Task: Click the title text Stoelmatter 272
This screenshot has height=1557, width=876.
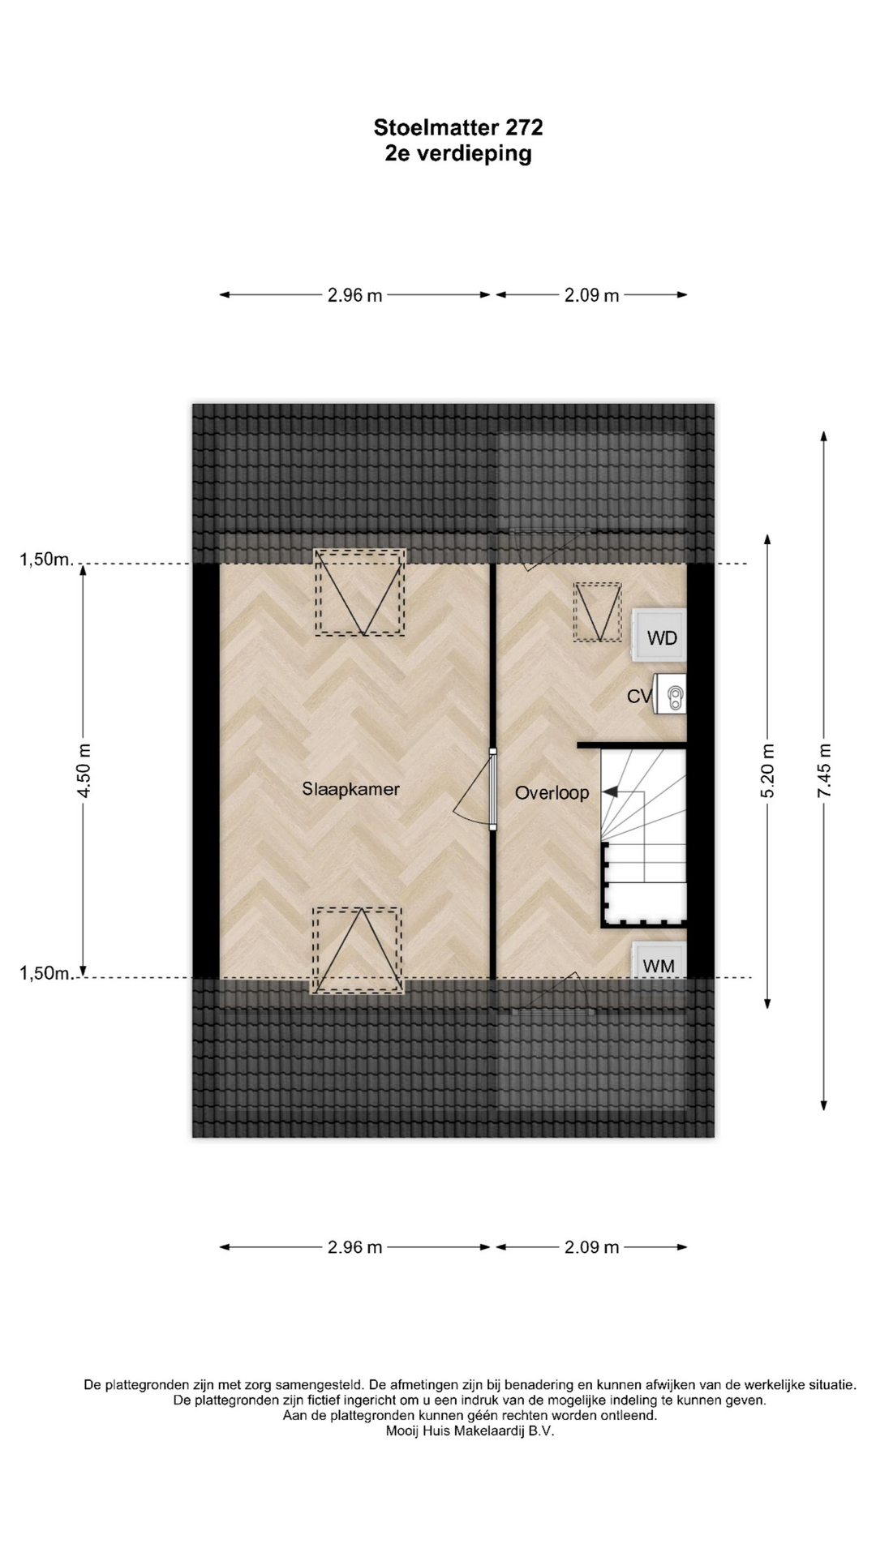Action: pyautogui.click(x=458, y=127)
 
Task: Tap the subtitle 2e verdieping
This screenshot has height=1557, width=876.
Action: pyautogui.click(x=458, y=153)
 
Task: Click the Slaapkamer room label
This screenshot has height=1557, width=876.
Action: pyautogui.click(x=351, y=789)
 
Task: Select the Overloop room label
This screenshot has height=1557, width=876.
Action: pyautogui.click(x=552, y=792)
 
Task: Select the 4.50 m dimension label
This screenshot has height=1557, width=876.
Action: pyautogui.click(x=84, y=770)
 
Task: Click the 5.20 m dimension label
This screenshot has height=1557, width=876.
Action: pyautogui.click(x=767, y=770)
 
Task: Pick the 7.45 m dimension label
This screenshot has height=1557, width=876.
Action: pyautogui.click(x=824, y=770)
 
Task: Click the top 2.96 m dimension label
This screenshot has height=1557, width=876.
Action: pyautogui.click(x=355, y=295)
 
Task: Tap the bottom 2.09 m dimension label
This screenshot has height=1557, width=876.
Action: pyautogui.click(x=592, y=1247)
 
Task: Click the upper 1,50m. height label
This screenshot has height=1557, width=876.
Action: pyautogui.click(x=47, y=559)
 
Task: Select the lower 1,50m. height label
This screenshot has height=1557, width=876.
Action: pyautogui.click(x=47, y=973)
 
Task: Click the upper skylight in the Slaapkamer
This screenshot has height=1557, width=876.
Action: pyautogui.click(x=360, y=592)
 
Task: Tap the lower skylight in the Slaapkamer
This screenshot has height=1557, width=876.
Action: pyautogui.click(x=357, y=950)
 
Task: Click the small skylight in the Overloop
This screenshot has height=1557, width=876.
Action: pyautogui.click(x=598, y=612)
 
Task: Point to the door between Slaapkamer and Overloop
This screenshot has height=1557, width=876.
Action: pyautogui.click(x=492, y=789)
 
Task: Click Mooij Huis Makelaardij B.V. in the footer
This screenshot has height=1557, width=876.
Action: pyautogui.click(x=470, y=1454)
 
